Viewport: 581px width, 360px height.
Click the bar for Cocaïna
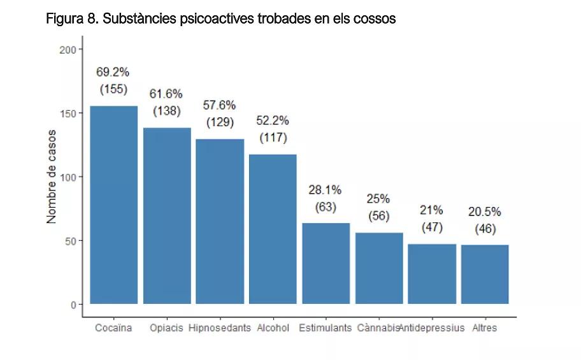pos(113,205)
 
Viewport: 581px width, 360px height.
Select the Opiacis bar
pos(167,216)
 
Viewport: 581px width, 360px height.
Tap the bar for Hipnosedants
pos(220,222)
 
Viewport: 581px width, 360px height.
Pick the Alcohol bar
pos(273,229)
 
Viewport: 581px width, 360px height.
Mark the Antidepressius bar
pos(432,274)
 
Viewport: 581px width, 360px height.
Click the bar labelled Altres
pos(485,275)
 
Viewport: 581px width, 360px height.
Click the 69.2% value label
pos(113,72)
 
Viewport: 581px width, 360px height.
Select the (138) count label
pos(167,111)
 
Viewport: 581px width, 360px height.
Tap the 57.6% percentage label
pos(220,105)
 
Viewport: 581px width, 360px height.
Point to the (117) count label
pos(273,138)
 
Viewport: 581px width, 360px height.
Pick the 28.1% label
pos(326,190)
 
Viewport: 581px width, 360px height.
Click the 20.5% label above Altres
pos(485,212)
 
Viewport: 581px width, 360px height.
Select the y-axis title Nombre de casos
pos(52,176)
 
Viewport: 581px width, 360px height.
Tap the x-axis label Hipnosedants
pos(220,328)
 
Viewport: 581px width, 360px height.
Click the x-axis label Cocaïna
pos(113,328)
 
